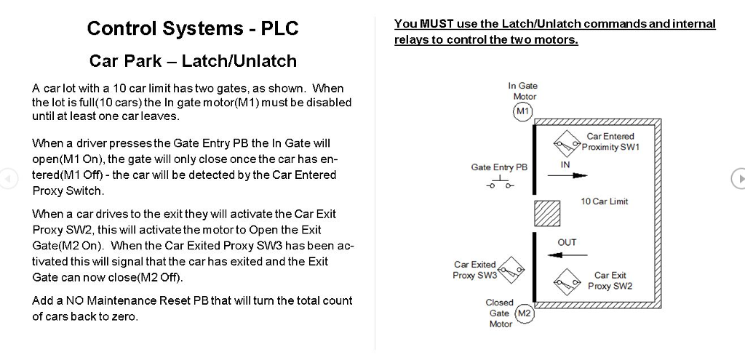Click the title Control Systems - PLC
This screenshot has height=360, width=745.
tap(193, 28)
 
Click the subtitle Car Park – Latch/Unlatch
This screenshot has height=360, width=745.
tap(193, 60)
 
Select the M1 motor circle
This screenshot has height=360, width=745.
tap(522, 111)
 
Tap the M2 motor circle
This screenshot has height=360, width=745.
tap(524, 314)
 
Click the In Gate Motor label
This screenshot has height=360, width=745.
tap(523, 91)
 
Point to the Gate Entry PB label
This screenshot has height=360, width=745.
tap(499, 167)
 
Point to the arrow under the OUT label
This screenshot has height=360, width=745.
tap(567, 255)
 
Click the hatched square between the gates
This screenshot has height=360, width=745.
tap(546, 215)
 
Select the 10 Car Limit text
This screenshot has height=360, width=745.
tap(604, 201)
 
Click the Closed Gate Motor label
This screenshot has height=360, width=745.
tap(500, 313)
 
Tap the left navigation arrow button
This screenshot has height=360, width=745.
tap(8, 178)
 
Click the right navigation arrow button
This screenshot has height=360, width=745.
tap(738, 178)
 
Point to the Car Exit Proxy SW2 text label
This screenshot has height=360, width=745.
tap(610, 281)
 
